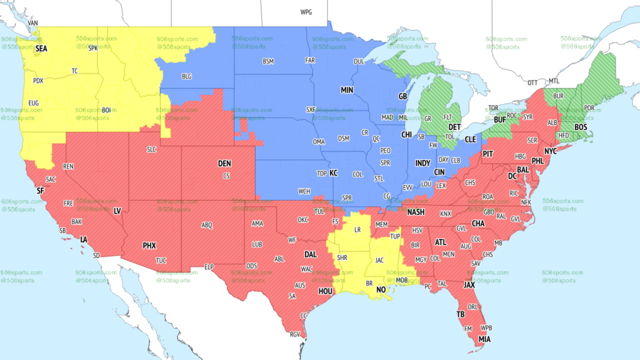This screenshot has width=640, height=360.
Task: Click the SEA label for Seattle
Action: (42, 48)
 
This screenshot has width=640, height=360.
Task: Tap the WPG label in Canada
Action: (306, 12)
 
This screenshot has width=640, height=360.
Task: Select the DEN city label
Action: (224, 164)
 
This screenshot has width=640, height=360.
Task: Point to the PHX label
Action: (149, 246)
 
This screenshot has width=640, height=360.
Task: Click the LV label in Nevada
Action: (117, 211)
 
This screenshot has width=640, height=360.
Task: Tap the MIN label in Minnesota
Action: (347, 90)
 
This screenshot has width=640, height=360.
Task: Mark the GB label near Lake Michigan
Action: (403, 97)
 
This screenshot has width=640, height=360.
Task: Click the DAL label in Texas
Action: (310, 255)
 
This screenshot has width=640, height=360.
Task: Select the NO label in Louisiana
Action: (381, 290)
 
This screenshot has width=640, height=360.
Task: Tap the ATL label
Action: (441, 242)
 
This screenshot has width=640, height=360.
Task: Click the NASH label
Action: (416, 212)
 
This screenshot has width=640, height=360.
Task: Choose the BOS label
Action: (581, 127)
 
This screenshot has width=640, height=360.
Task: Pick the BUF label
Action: (500, 119)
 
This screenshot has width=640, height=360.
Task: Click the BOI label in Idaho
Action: (106, 111)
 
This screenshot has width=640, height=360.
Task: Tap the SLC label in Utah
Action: (152, 150)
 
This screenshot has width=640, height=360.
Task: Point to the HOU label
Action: (326, 291)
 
